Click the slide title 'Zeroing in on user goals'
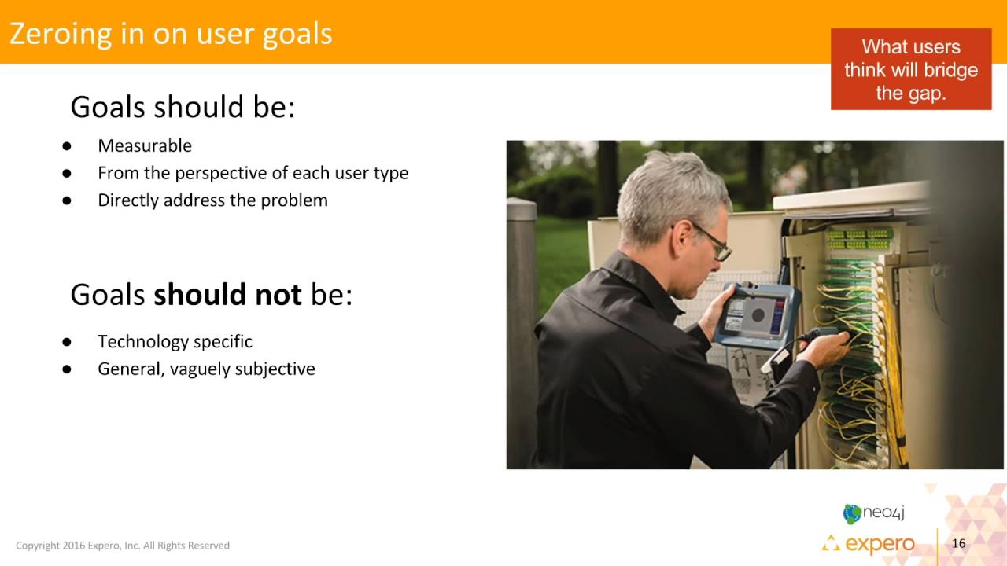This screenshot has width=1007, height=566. pyautogui.click(x=171, y=34)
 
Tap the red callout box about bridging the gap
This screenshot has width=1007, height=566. pyautogui.click(x=910, y=70)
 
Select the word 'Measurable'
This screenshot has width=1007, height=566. pyautogui.click(x=145, y=145)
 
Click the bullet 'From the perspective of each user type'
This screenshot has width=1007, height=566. pyautogui.click(x=253, y=173)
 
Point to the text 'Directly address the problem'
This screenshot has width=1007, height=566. pyautogui.click(x=212, y=200)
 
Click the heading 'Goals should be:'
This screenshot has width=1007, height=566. pyautogui.click(x=183, y=107)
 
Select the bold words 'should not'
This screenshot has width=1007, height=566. pyautogui.click(x=227, y=295)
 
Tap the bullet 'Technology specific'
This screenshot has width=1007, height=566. pyautogui.click(x=175, y=342)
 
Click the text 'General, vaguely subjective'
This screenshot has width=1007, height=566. pyautogui.click(x=206, y=369)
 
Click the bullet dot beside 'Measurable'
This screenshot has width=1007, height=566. pyautogui.click(x=67, y=146)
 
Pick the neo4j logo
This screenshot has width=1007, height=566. pyautogui.click(x=873, y=513)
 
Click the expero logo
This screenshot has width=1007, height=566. pyautogui.click(x=869, y=544)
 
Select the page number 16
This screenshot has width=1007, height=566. pyautogui.click(x=958, y=544)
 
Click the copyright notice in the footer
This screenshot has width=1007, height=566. pyautogui.click(x=123, y=546)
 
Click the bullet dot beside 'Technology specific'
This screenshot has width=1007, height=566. pyautogui.click(x=67, y=342)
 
